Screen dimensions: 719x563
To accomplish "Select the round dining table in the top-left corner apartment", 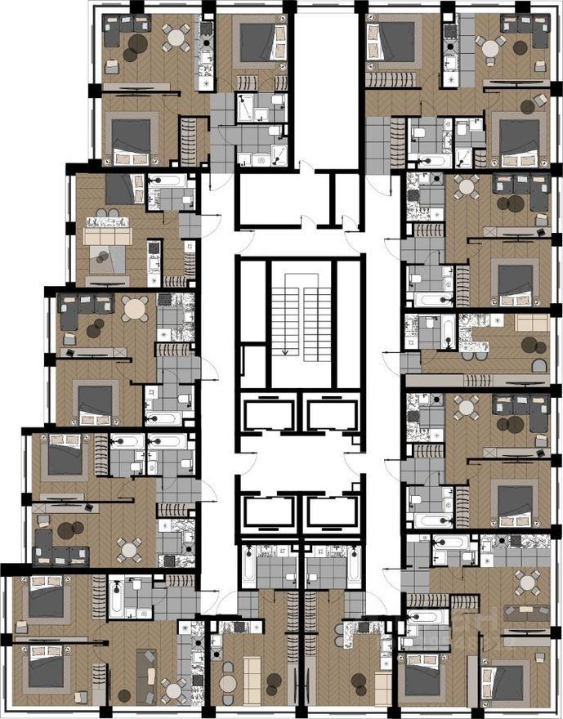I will tap(176, 36).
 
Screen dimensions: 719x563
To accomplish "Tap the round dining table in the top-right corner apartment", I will tap(489, 47).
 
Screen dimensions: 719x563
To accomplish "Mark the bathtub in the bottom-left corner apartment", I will tap(116, 600).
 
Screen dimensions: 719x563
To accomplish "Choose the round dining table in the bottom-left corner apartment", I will tap(174, 689).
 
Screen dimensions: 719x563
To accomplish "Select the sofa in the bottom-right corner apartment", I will tap(526, 610).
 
